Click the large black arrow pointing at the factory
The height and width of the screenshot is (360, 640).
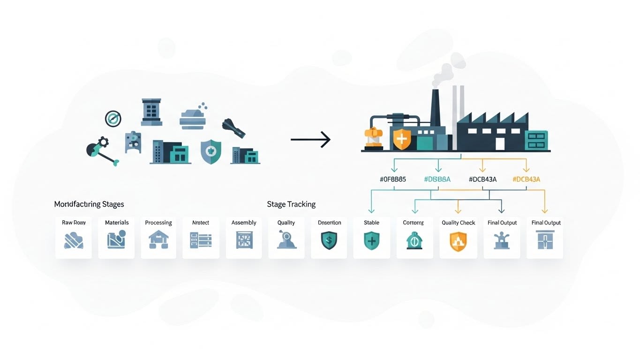click(x=310, y=139)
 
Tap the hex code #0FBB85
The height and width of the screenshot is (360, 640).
click(x=392, y=179)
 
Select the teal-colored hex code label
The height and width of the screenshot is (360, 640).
click(x=437, y=179)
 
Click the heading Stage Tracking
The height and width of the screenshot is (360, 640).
click(x=291, y=204)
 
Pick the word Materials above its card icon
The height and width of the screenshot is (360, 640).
click(x=117, y=223)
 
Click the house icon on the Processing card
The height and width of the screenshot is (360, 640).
click(x=158, y=240)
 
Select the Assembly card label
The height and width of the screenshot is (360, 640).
click(x=244, y=223)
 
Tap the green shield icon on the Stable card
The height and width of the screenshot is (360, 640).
click(x=371, y=241)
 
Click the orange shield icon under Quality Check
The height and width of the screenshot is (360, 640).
click(x=458, y=242)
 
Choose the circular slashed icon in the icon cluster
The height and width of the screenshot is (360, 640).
click(x=113, y=119)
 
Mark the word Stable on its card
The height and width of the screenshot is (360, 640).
click(x=371, y=223)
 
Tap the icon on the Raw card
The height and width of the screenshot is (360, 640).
click(x=74, y=240)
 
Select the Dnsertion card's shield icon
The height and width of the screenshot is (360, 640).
click(x=329, y=240)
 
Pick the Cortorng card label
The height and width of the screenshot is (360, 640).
click(x=413, y=223)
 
